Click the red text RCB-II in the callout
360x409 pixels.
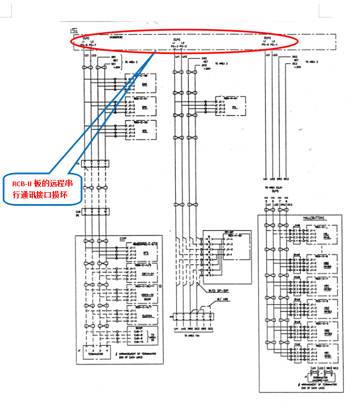(x=24, y=183)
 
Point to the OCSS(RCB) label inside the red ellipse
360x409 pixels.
(x=116, y=37)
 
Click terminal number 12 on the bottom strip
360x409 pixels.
(x=211, y=316)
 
